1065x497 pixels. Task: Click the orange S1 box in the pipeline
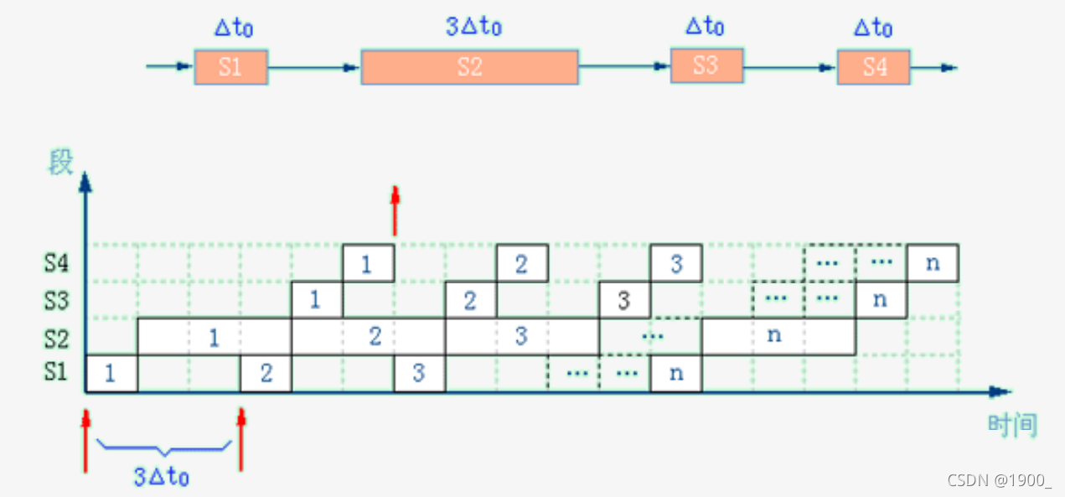pos(230,67)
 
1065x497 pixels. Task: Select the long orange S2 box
pos(469,67)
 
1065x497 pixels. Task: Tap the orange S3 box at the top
pos(706,65)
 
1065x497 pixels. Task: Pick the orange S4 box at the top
pos(873,67)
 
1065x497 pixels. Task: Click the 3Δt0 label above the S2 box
pos(473,26)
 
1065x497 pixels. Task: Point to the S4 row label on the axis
pos(56,264)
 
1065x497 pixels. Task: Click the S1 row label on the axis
pos(56,371)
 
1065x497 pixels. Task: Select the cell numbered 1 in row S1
pos(111,374)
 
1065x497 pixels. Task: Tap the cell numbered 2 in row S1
pos(266,374)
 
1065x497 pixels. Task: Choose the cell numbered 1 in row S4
pos(368,264)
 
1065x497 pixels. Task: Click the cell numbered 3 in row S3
pos(624,300)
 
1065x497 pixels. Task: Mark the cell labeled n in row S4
pos(932,264)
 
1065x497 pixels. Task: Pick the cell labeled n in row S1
pos(675,374)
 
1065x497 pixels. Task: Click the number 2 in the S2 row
pos(375,337)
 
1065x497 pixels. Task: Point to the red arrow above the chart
pos(395,210)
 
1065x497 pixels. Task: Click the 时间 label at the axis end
pos(1012,426)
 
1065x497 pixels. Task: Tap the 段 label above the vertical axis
pos(61,162)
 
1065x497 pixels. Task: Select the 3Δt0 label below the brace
pos(161,477)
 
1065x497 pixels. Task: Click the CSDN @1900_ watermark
pos(999,480)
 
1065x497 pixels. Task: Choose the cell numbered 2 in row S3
pos(470,300)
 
